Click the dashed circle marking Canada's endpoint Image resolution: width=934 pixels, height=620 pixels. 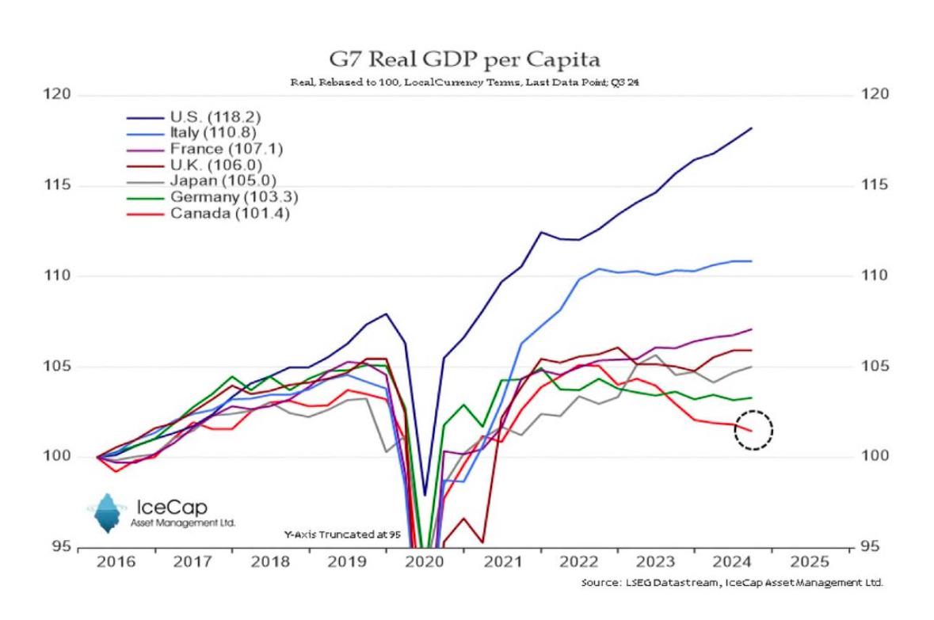click(753, 430)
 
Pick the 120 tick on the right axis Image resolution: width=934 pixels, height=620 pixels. click(874, 95)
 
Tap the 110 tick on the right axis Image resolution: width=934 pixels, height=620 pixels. click(874, 276)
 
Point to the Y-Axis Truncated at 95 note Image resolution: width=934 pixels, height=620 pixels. click(342, 534)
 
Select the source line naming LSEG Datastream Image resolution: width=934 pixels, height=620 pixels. click(731, 583)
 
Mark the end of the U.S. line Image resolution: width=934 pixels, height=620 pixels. click(750, 128)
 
